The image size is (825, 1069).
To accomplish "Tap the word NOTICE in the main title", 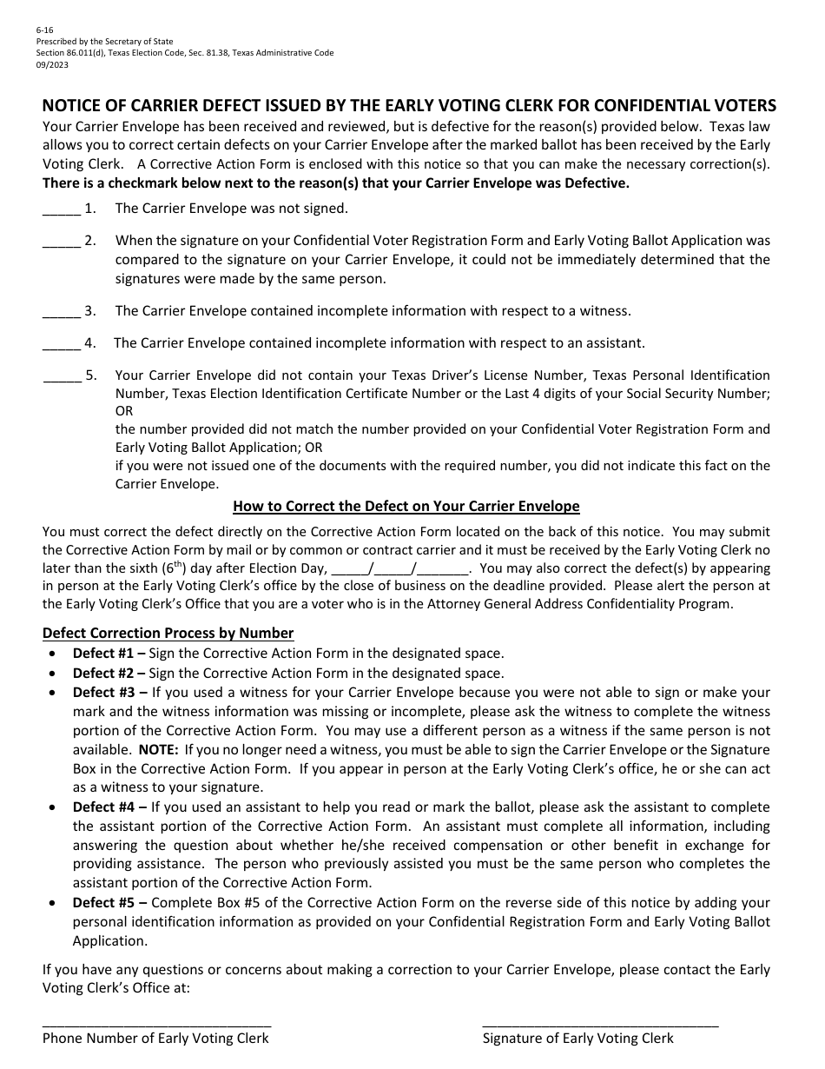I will pyautogui.click(x=73, y=106).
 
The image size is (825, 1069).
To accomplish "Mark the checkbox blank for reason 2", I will pyautogui.click(x=62, y=242).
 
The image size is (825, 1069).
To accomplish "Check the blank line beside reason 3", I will pyautogui.click(x=62, y=312).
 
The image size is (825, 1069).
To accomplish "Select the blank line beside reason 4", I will pyautogui.click(x=62, y=344).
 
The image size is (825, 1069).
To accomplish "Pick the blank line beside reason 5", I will pyautogui.click(x=62, y=376).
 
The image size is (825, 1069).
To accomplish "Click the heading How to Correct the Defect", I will pyautogui.click(x=406, y=507).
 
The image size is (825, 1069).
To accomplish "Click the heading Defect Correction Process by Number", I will pyautogui.click(x=168, y=634).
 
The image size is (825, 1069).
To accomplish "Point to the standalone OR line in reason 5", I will pyautogui.click(x=124, y=411).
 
